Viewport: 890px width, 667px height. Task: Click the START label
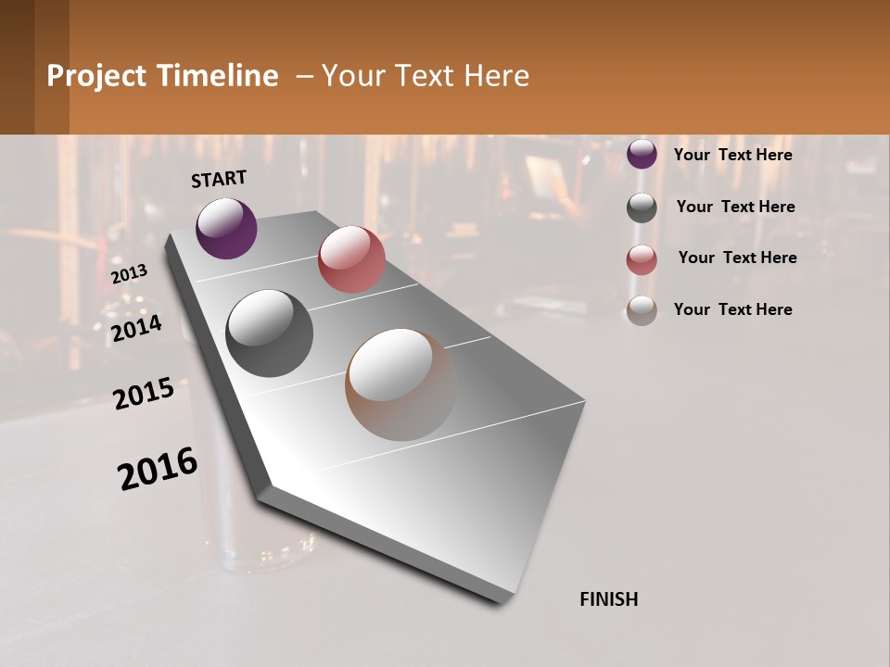tap(219, 179)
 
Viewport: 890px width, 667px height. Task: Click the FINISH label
tap(608, 599)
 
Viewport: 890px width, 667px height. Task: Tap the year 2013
tap(130, 274)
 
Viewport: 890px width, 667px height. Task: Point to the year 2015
tap(144, 395)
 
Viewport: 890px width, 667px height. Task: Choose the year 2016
tap(158, 469)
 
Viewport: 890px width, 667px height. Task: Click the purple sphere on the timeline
tap(226, 228)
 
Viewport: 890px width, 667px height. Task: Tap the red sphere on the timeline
tap(351, 259)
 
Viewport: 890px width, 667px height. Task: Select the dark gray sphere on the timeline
tap(270, 333)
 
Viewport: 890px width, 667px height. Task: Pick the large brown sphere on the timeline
tap(401, 384)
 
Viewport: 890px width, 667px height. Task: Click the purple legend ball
tap(642, 154)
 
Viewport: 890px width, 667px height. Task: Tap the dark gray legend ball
tap(642, 208)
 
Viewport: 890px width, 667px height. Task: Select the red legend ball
tap(642, 259)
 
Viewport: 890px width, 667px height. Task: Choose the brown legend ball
tap(642, 310)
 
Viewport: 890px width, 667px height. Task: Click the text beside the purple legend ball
tap(732, 155)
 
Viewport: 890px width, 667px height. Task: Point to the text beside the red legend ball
tap(737, 258)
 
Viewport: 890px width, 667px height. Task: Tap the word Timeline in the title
tap(222, 76)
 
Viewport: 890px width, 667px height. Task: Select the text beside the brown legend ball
tap(732, 309)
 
